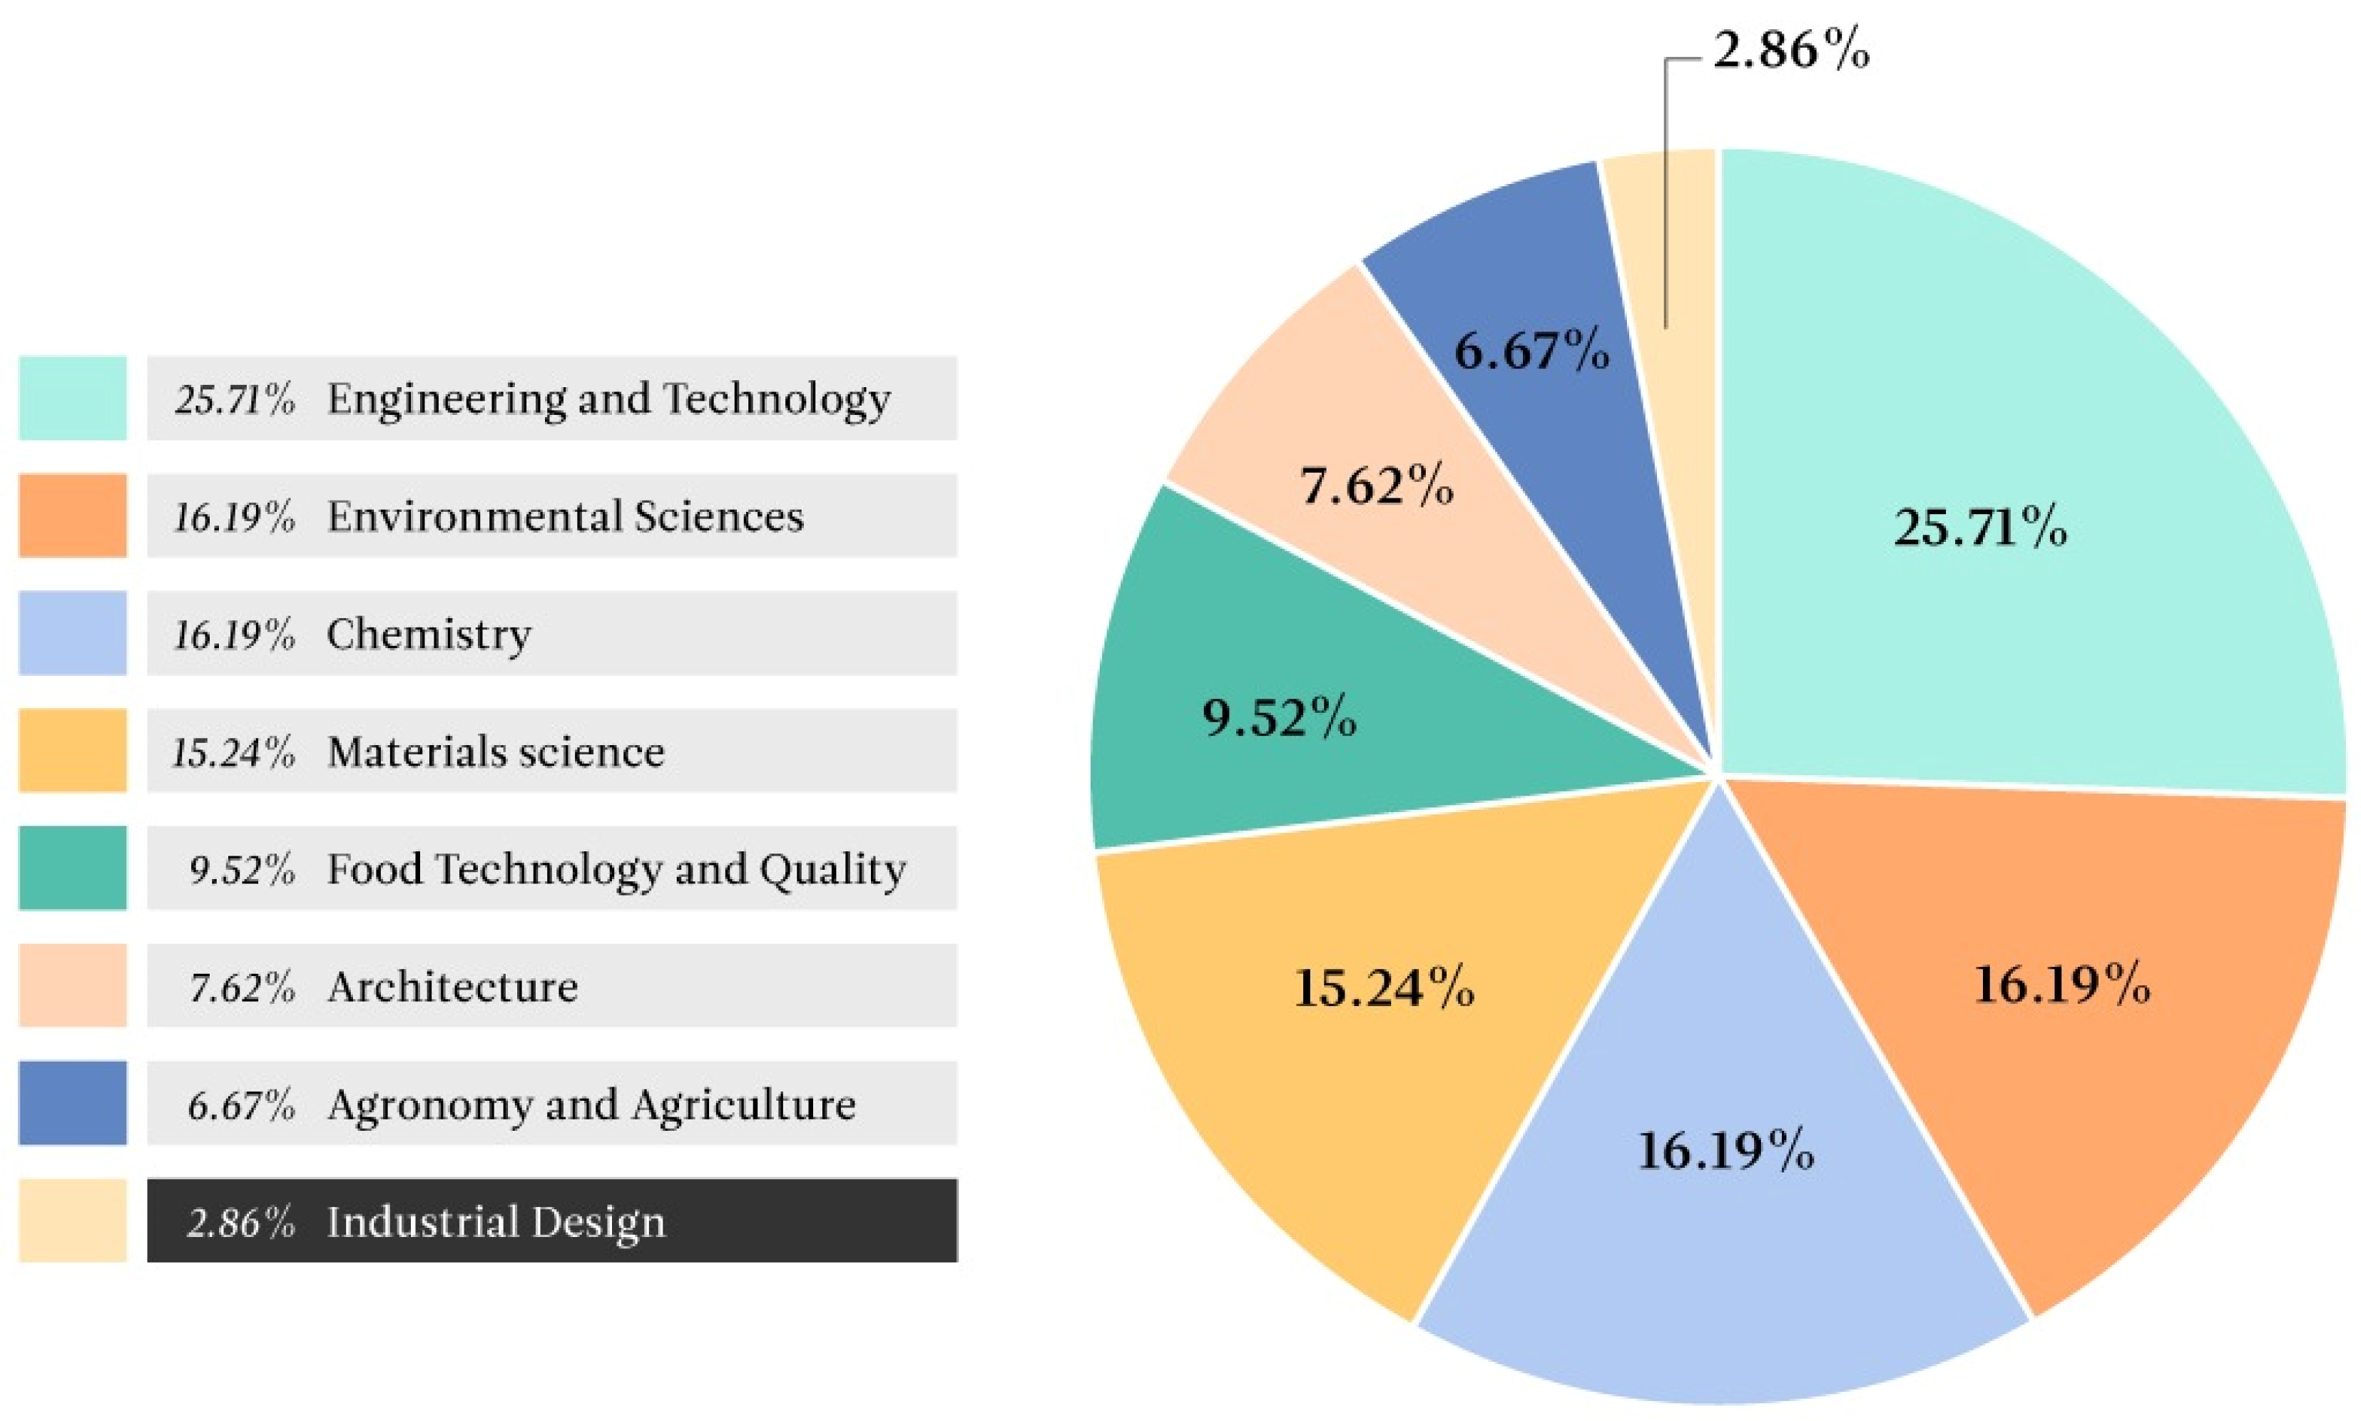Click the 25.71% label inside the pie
point(1979,527)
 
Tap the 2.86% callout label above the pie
point(1789,50)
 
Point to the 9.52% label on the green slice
point(1279,717)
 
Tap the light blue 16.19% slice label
point(1725,1150)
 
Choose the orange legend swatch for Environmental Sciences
point(73,515)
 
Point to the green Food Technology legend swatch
point(73,868)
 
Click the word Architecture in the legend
point(452,986)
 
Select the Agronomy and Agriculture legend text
point(591,1104)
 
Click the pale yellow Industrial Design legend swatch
point(73,1221)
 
